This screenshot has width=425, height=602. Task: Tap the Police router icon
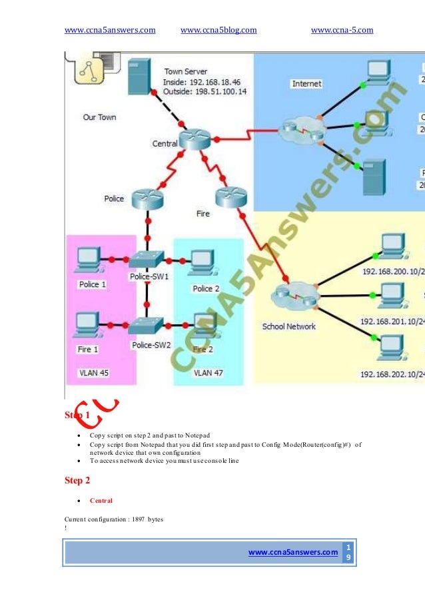[147, 198]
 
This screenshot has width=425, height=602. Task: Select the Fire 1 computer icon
[87, 324]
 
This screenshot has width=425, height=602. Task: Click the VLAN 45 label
[94, 373]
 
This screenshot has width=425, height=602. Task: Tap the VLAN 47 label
[209, 373]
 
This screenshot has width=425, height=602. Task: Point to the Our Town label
[99, 117]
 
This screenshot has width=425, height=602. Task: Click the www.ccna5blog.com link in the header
[218, 29]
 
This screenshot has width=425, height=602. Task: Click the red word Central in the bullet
[101, 500]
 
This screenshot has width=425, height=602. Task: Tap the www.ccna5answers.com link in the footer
[292, 551]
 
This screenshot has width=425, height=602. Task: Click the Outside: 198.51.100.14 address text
[205, 91]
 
